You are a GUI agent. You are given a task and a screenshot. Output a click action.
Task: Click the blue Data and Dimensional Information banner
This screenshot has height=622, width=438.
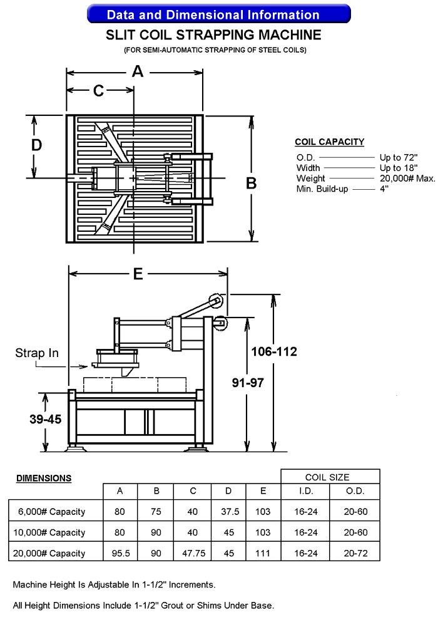(x=218, y=14)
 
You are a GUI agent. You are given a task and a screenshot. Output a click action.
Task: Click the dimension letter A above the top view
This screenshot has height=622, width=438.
(x=137, y=72)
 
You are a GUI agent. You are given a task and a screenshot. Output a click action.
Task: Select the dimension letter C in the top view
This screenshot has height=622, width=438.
(x=99, y=91)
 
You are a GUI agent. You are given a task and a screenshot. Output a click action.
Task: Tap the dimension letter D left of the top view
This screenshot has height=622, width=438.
(x=37, y=145)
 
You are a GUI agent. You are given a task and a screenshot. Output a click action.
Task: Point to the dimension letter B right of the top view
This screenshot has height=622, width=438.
(x=251, y=183)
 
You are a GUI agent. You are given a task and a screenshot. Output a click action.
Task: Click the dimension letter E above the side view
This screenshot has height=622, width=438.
(x=138, y=274)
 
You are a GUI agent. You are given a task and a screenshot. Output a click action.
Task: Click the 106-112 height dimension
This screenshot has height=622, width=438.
(x=275, y=351)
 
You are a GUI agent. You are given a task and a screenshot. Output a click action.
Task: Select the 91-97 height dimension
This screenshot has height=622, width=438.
(x=248, y=383)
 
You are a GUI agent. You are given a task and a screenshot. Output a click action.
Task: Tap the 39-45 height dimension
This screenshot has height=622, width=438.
(x=45, y=419)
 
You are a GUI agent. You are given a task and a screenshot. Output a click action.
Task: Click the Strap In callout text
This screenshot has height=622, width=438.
(x=37, y=353)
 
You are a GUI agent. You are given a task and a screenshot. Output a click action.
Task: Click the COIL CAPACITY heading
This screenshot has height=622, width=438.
(x=329, y=142)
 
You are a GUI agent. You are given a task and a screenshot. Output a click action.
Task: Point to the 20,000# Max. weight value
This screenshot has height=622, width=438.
(x=407, y=179)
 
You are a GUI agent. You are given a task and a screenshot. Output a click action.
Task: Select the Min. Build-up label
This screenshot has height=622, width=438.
(x=322, y=189)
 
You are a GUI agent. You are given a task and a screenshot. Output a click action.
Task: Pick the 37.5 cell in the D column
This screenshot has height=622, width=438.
(x=230, y=512)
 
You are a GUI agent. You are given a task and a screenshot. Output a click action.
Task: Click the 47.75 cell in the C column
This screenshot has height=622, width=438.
(x=192, y=553)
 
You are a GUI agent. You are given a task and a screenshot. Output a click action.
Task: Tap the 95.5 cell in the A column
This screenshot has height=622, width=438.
(x=120, y=553)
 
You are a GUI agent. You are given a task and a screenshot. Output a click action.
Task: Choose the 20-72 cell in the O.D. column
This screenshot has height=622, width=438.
(x=355, y=553)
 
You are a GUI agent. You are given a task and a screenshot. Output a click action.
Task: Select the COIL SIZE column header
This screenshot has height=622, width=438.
(x=330, y=477)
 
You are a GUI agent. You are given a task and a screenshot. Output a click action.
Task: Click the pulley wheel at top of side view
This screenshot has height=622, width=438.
(x=216, y=301)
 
